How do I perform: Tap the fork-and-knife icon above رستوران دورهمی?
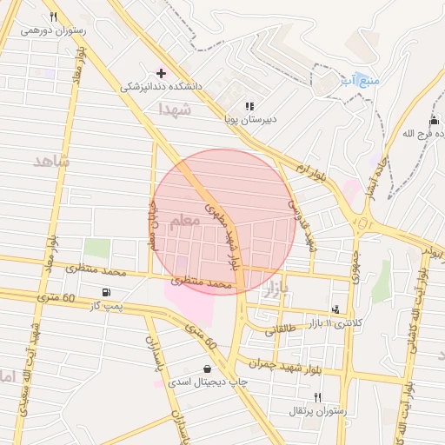[x=52, y=17]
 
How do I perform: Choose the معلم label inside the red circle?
[x=184, y=222]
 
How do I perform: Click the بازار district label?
[x=273, y=286]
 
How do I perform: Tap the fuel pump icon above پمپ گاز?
[x=106, y=292]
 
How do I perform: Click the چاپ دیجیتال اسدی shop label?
[x=207, y=382]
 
